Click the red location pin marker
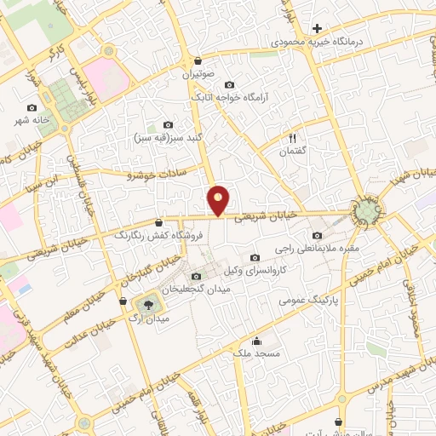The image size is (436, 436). [x=219, y=200]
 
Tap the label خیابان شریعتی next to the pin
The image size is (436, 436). [x=266, y=216]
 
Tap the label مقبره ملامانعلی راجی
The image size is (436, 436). [x=318, y=249]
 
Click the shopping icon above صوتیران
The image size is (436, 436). [x=198, y=61]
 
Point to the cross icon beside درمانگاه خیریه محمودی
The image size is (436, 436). [x=317, y=28]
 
